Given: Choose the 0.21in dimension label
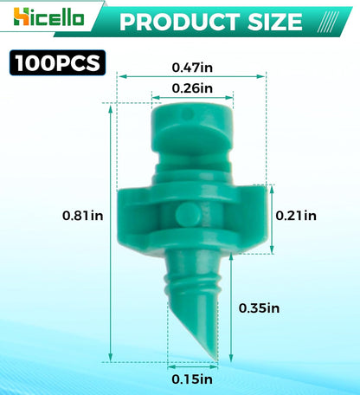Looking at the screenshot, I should coord(296,215).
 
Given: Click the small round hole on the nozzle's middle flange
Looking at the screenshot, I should coord(183,214).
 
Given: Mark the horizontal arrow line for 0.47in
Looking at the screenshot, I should coord(192,75).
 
